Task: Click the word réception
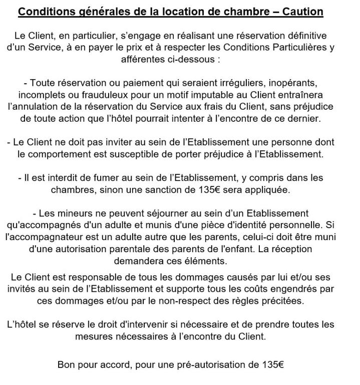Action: coord(292,249)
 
